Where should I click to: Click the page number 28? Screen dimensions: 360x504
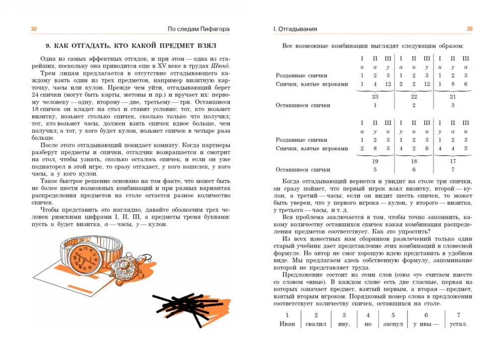(x=34, y=29)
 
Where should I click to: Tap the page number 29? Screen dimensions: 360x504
(x=469, y=29)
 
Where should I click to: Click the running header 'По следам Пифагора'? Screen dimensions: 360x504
(x=199, y=29)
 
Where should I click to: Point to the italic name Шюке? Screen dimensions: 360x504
(x=221, y=66)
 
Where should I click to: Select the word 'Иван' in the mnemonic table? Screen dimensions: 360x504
(x=287, y=324)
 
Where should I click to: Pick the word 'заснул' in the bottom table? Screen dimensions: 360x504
(x=393, y=324)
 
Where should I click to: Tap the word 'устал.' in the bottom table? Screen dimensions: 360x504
(x=458, y=324)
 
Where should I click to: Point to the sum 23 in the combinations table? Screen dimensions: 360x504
(x=374, y=96)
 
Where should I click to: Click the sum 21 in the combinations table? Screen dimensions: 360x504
(x=452, y=96)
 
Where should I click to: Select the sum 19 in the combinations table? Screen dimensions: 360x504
(x=374, y=161)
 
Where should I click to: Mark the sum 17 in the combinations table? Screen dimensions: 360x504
(x=452, y=161)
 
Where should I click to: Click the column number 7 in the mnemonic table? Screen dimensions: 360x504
(x=458, y=315)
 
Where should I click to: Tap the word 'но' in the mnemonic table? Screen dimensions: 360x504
(x=367, y=324)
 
